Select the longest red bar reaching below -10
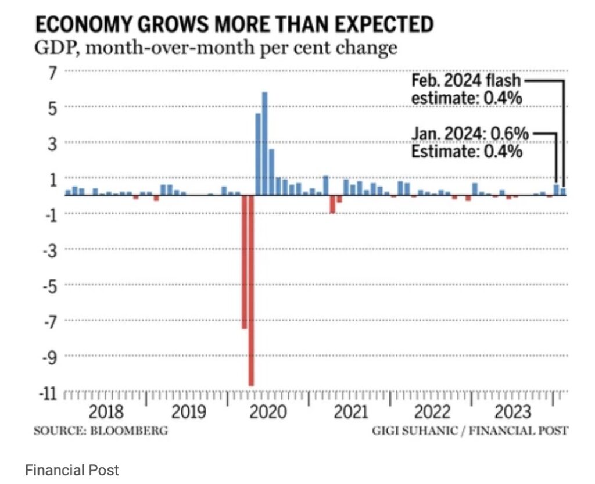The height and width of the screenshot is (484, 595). click(x=251, y=291)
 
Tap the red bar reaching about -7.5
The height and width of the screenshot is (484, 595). click(x=244, y=262)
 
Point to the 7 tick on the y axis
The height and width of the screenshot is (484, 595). click(x=53, y=72)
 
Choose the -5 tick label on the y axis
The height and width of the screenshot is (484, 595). click(x=50, y=285)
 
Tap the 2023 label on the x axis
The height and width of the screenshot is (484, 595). click(x=512, y=412)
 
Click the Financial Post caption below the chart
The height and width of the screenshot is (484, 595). click(x=71, y=469)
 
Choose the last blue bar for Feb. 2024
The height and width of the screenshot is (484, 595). click(x=563, y=192)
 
